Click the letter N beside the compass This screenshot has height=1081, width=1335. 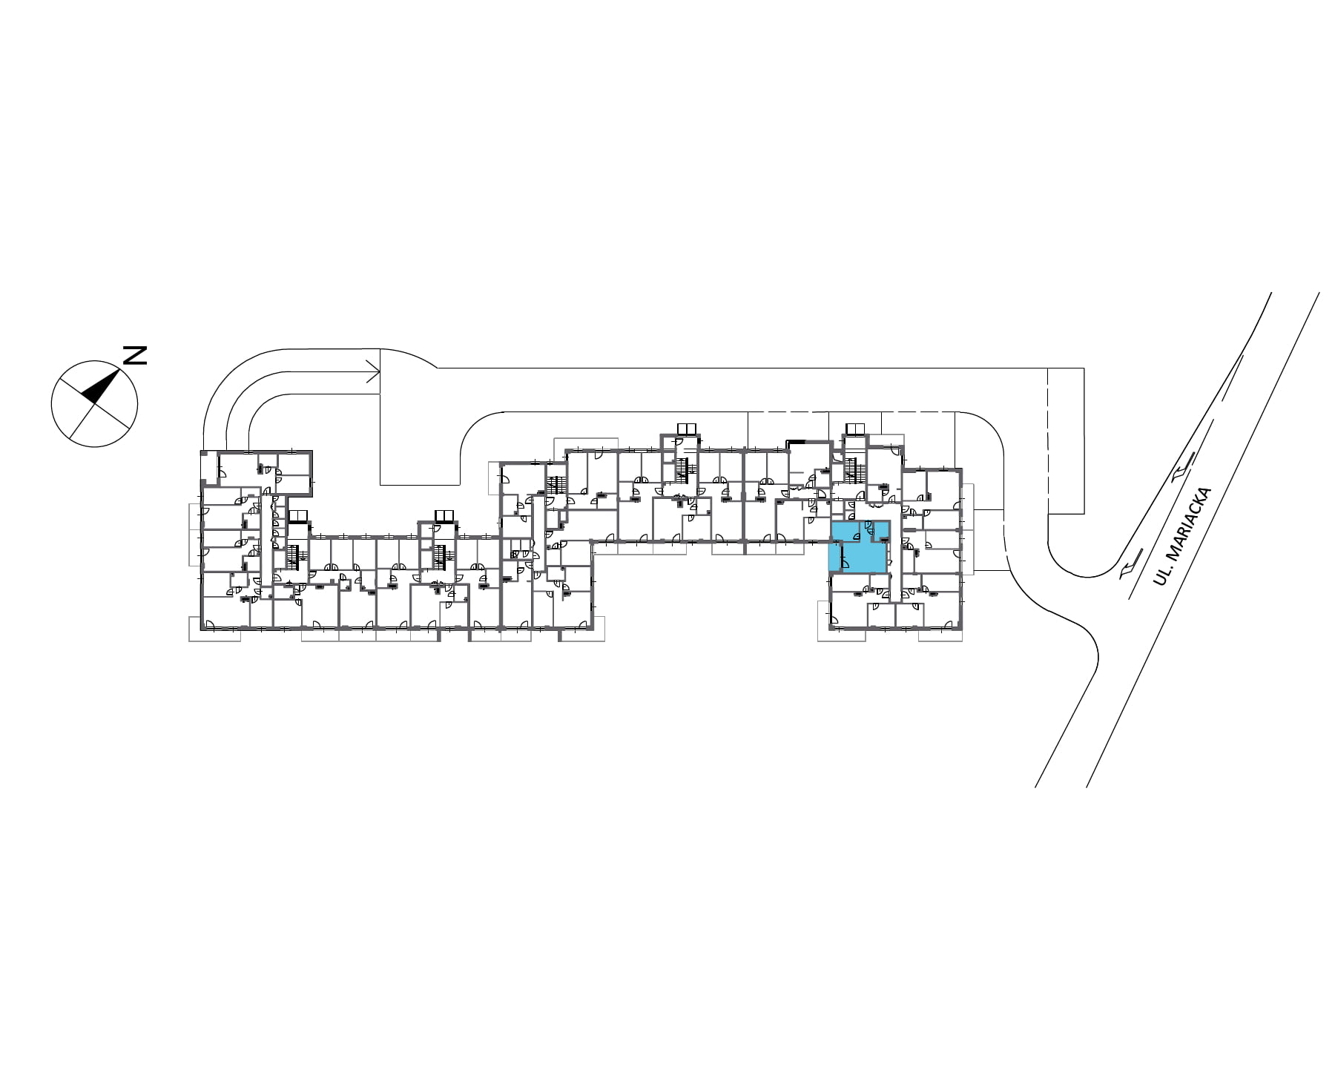pos(134,355)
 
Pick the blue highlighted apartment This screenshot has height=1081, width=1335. pos(858,547)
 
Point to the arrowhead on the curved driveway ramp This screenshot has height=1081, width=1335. pos(374,371)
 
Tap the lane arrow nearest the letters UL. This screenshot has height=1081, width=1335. pos(1127,567)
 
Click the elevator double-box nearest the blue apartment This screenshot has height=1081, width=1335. pos(855,429)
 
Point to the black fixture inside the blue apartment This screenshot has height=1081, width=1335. pos(884,539)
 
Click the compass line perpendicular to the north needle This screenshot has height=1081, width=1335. pos(94,405)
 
